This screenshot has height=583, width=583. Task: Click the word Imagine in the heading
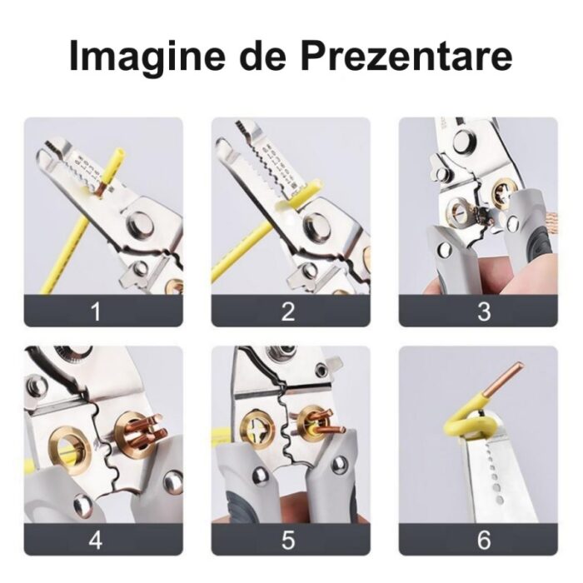click(x=147, y=57)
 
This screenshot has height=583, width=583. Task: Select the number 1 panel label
click(x=96, y=311)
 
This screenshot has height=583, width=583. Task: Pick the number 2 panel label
click(x=288, y=311)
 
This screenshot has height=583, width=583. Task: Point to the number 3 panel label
click(x=484, y=311)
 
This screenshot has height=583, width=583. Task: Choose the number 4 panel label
click(x=96, y=540)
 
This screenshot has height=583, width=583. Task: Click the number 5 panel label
click(x=288, y=540)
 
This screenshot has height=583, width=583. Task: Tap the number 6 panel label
click(x=484, y=540)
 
